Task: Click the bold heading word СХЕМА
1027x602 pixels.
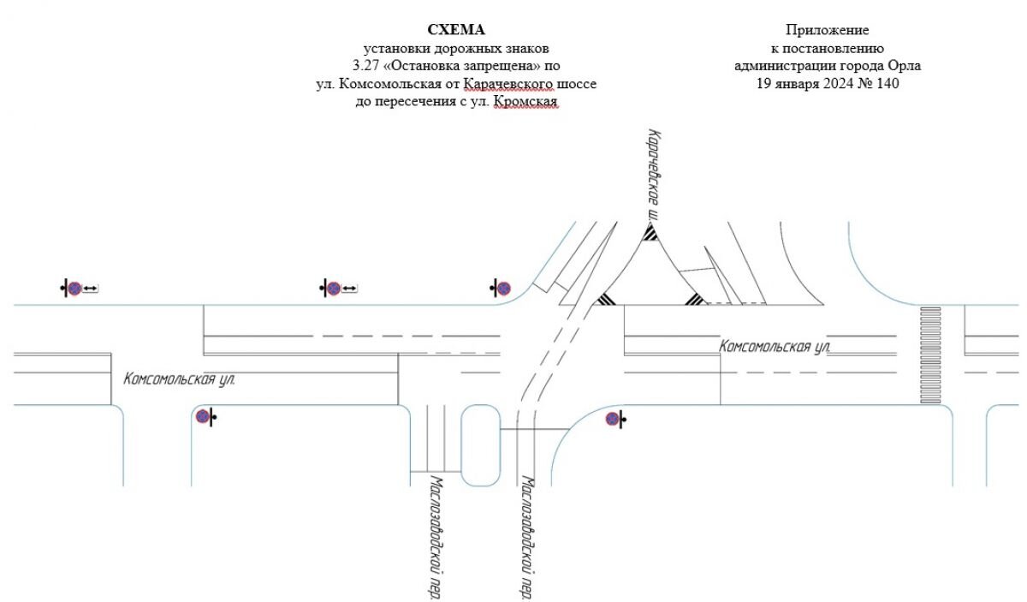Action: coord(455,30)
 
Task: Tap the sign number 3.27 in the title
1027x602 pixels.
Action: coord(366,66)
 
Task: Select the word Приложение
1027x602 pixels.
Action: coord(827,30)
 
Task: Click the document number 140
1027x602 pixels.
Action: coord(887,84)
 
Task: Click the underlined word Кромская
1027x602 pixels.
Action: coord(525,101)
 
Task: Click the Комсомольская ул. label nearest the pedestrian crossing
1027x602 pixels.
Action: coord(775,347)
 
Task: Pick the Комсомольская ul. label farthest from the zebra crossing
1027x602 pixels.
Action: coord(179,379)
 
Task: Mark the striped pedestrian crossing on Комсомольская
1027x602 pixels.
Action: coord(930,355)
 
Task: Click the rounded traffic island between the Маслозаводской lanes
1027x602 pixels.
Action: coord(480,445)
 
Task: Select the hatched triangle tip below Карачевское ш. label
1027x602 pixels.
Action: coord(650,233)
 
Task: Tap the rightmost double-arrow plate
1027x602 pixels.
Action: coord(349,289)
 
